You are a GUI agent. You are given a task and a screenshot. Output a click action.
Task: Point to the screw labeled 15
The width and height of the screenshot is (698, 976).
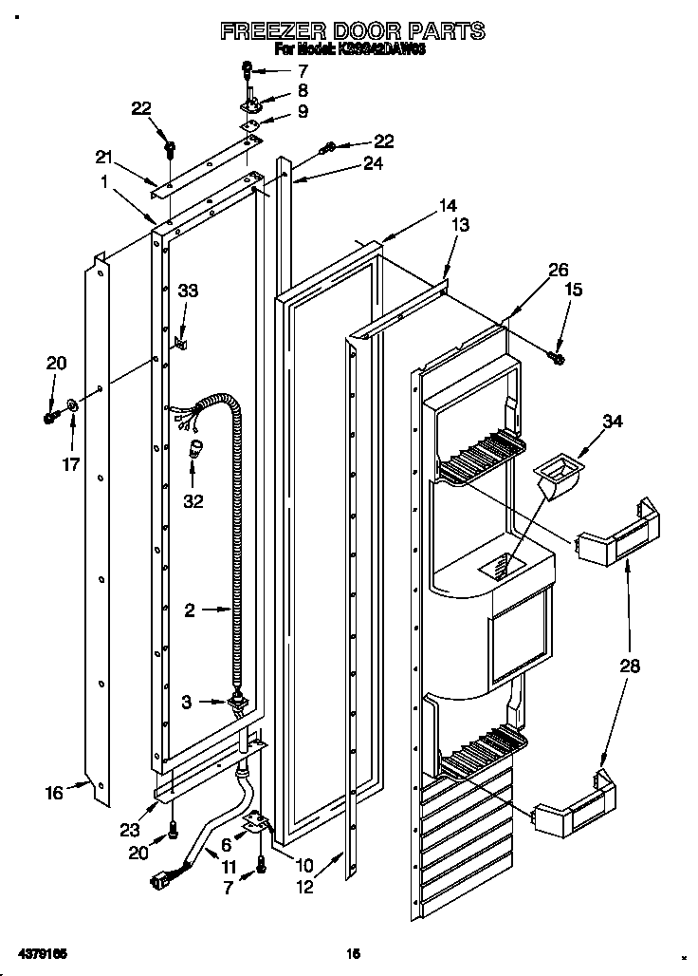click(x=558, y=357)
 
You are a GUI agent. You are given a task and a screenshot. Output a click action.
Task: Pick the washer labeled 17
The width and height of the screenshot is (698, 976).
click(x=73, y=411)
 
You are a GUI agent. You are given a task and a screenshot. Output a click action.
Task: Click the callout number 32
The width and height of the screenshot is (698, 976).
click(x=193, y=501)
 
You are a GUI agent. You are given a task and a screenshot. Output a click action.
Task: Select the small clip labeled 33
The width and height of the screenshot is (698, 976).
click(x=180, y=339)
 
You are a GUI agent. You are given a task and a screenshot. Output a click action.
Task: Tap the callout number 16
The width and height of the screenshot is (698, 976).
click(x=54, y=792)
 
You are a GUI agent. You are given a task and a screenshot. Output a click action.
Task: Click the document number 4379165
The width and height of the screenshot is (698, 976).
click(x=41, y=951)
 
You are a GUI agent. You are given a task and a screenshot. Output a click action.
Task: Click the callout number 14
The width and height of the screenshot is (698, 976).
click(x=447, y=205)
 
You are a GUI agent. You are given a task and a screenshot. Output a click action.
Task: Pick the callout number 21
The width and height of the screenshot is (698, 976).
click(x=103, y=157)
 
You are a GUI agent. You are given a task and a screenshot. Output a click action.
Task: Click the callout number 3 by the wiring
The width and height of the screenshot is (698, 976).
click(x=188, y=702)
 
